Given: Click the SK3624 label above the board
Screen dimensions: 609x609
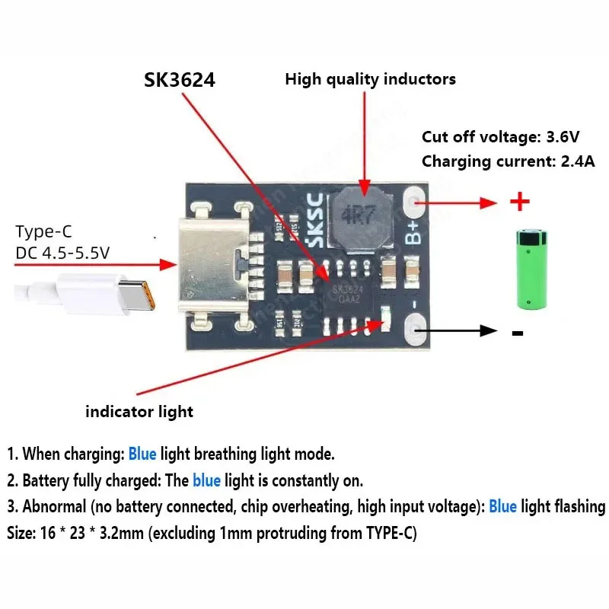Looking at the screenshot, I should click(x=180, y=80).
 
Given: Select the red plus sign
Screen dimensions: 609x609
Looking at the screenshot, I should click(x=519, y=202).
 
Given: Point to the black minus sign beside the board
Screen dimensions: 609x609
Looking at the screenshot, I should click(x=518, y=333).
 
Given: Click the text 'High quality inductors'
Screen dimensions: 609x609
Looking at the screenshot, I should click(x=370, y=78).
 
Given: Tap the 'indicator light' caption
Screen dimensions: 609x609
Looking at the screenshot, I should click(x=139, y=412).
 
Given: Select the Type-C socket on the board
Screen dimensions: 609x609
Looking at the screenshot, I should click(x=215, y=266).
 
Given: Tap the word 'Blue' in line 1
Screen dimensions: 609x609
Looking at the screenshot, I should click(x=142, y=454).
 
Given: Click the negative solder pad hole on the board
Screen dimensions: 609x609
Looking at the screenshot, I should click(x=416, y=329).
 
